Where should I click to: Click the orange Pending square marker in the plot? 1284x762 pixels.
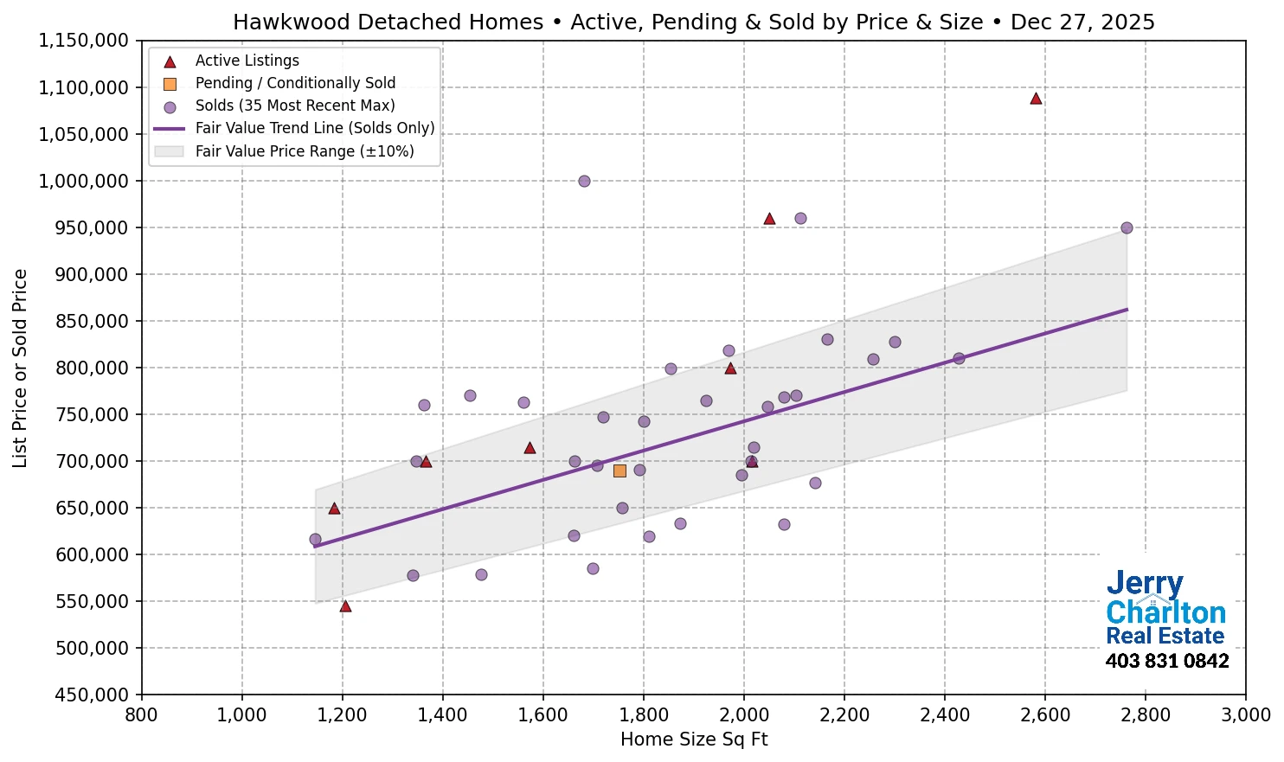[620, 471]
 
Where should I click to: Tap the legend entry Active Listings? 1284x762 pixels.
[247, 61]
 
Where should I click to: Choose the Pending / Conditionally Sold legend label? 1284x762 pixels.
[295, 83]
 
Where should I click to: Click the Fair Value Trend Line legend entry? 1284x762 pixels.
[314, 128]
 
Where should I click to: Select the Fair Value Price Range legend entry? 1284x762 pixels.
[304, 151]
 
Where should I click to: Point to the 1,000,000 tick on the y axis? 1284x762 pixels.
[84, 182]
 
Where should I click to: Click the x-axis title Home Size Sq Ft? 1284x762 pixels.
[694, 740]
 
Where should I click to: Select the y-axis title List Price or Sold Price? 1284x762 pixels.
[21, 368]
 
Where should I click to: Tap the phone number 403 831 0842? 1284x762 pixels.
[1166, 662]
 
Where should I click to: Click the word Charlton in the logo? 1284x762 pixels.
[1165, 612]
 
